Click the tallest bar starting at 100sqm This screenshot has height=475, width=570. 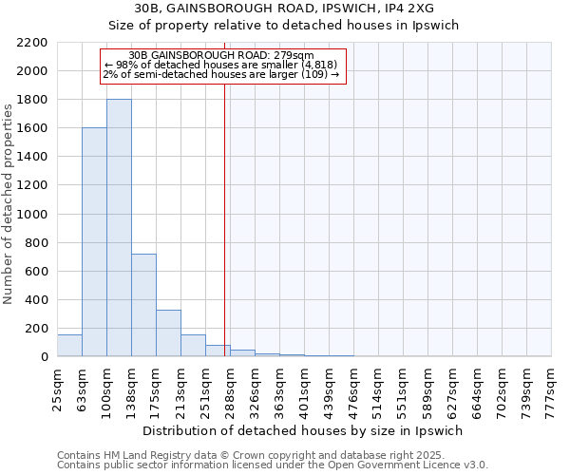pyautogui.click(x=119, y=228)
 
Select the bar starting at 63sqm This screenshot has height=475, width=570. pyautogui.click(x=94, y=242)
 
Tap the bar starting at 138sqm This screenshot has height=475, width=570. pyautogui.click(x=143, y=305)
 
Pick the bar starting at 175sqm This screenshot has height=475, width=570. pyautogui.click(x=168, y=332)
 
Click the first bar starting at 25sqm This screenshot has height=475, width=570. pyautogui.click(x=69, y=346)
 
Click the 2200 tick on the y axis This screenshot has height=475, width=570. pyautogui.click(x=34, y=43)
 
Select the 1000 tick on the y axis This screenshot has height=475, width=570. pyautogui.click(x=34, y=215)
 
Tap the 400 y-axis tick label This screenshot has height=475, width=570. pyautogui.click(x=38, y=300)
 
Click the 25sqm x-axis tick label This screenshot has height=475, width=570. pyautogui.click(x=57, y=389)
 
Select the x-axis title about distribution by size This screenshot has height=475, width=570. pyautogui.click(x=304, y=431)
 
